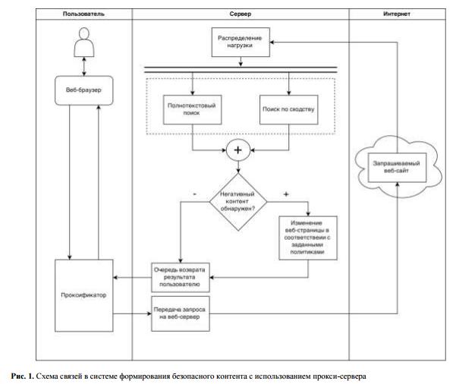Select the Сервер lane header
click(x=240, y=14)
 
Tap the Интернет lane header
click(x=399, y=14)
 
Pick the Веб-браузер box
click(x=83, y=90)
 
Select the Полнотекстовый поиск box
click(x=193, y=111)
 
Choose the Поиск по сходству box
click(x=288, y=111)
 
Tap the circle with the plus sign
click(x=238, y=150)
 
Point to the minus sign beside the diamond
click(x=195, y=194)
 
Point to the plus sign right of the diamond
click(x=286, y=194)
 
